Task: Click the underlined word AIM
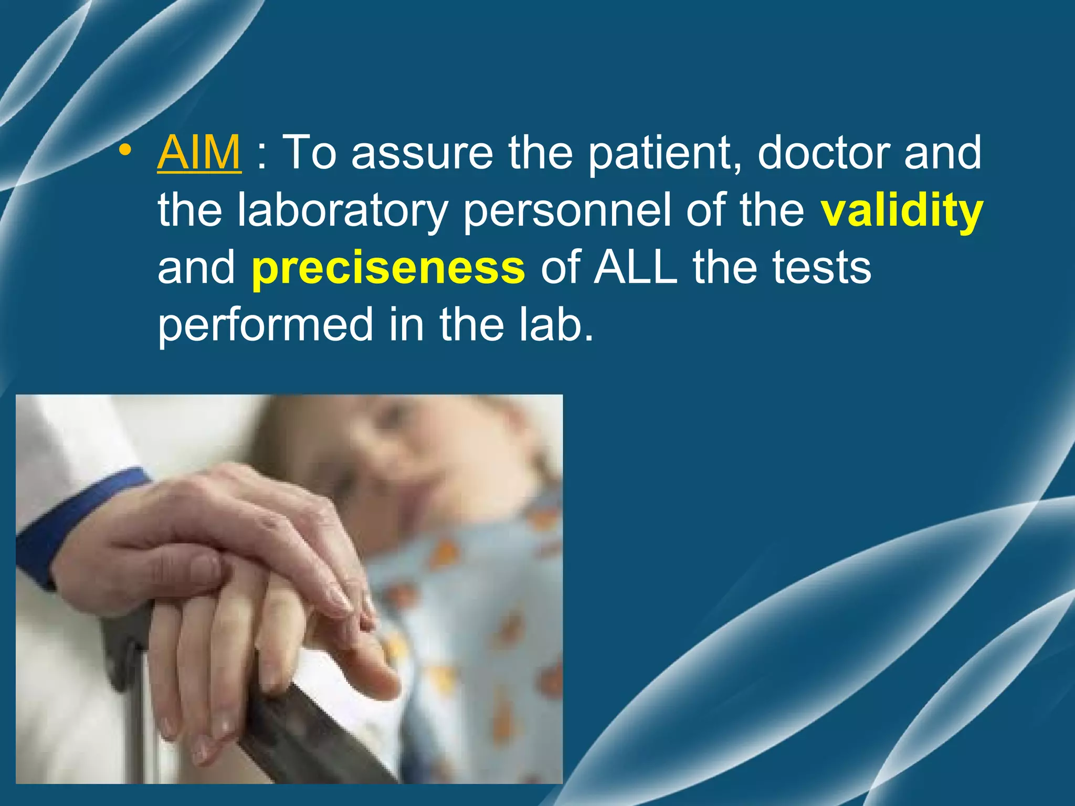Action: click(199, 153)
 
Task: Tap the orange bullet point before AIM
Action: click(124, 151)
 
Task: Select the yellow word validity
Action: click(901, 210)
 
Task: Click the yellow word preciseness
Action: click(388, 268)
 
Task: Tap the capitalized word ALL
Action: click(635, 268)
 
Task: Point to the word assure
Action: click(423, 154)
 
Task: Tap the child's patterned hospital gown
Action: click(472, 603)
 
